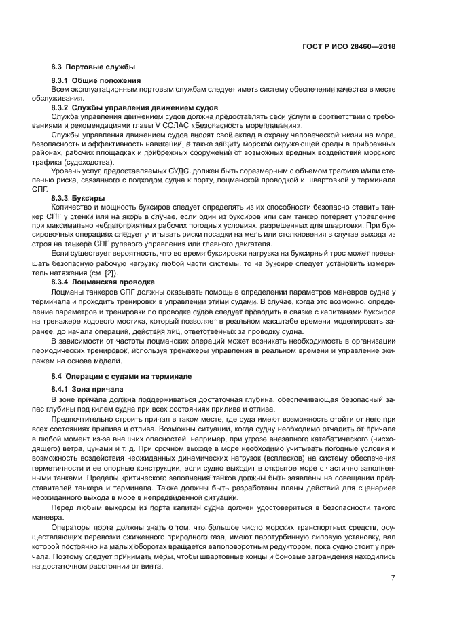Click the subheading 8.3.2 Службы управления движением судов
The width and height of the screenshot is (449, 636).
point(134,107)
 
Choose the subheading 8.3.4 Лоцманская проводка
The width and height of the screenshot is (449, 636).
point(103,281)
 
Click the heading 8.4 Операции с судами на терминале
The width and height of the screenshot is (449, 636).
point(122,375)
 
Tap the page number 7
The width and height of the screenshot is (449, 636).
point(393,578)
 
